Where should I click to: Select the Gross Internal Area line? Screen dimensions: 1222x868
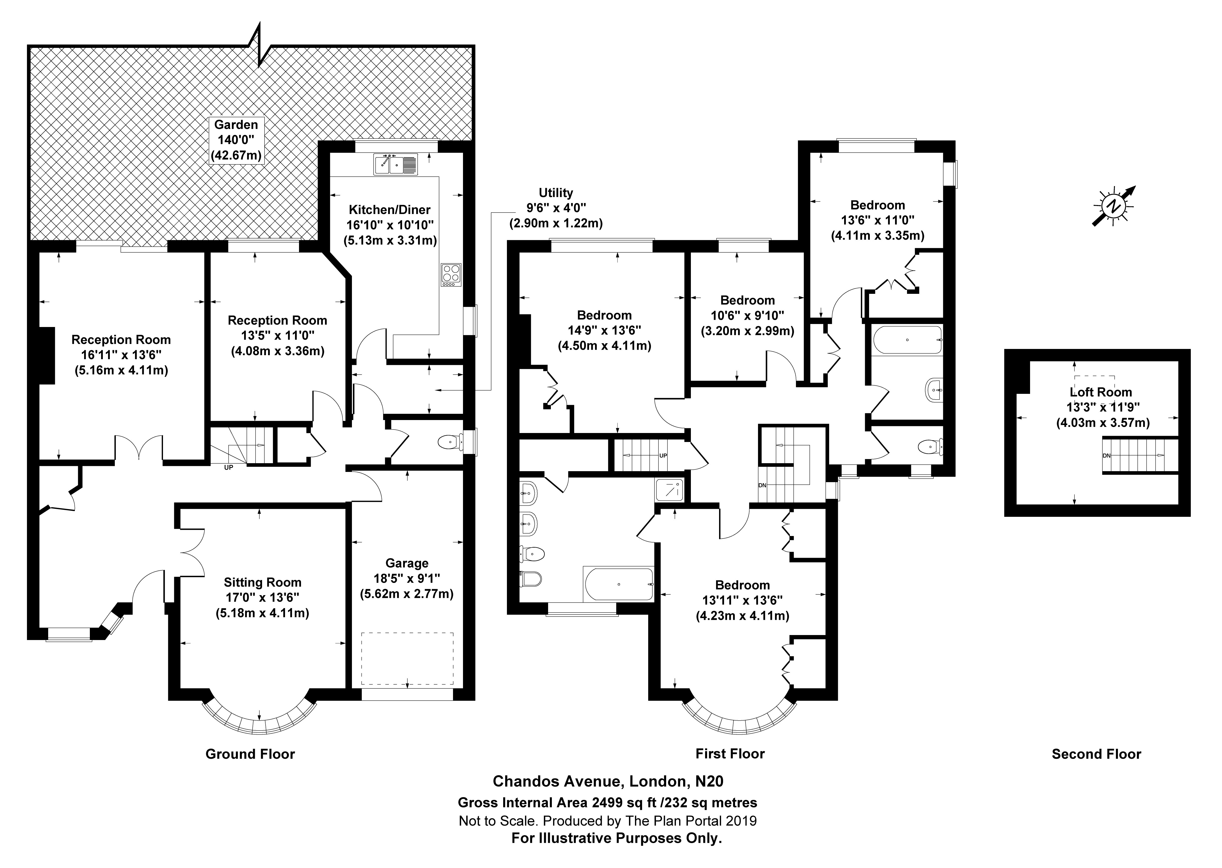click(608, 802)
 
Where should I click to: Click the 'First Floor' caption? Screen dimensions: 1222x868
click(730, 754)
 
